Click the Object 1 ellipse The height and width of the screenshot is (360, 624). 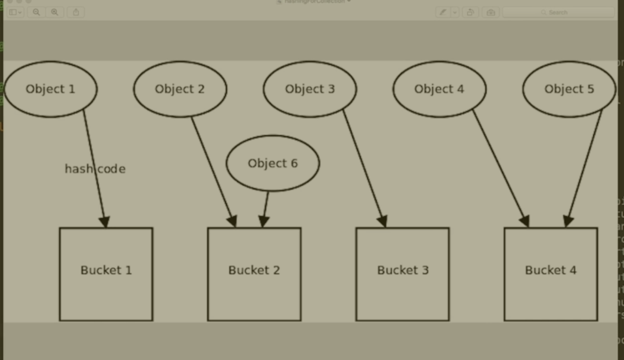50,89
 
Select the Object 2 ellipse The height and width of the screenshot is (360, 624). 180,89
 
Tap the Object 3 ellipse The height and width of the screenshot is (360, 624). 310,89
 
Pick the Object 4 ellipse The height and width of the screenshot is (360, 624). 439,89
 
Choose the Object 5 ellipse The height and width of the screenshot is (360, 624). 569,89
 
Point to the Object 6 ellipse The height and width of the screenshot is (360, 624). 273,163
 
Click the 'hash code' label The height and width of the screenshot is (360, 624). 95,169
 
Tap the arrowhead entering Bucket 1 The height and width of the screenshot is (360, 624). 105,222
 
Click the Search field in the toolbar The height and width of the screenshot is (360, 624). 558,12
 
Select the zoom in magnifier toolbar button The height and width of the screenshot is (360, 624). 55,12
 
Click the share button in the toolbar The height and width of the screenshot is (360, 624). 76,12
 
